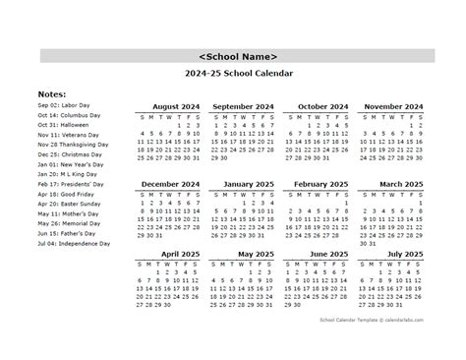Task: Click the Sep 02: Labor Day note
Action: pyautogui.click(x=64, y=104)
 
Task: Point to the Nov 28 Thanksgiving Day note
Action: pyautogui.click(x=74, y=144)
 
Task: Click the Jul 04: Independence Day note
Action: pyautogui.click(x=75, y=243)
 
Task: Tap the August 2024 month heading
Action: pyautogui.click(x=175, y=105)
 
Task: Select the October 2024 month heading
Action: pyautogui.click(x=321, y=105)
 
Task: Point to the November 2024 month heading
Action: pyautogui.click(x=393, y=105)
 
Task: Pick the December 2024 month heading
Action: pyautogui.click(x=170, y=184)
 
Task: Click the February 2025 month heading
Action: pyautogui.click(x=320, y=184)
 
